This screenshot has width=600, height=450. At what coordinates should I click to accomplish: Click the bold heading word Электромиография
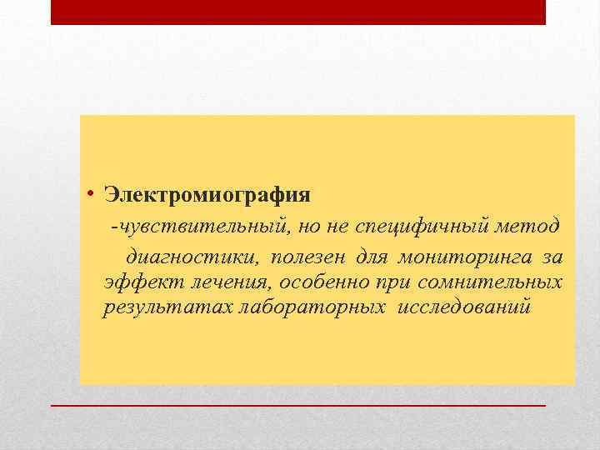207,195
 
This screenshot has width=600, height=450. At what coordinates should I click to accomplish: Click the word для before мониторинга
372,255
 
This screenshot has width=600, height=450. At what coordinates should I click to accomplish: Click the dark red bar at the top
298,12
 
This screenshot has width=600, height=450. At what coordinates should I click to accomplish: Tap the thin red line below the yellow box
298,404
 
